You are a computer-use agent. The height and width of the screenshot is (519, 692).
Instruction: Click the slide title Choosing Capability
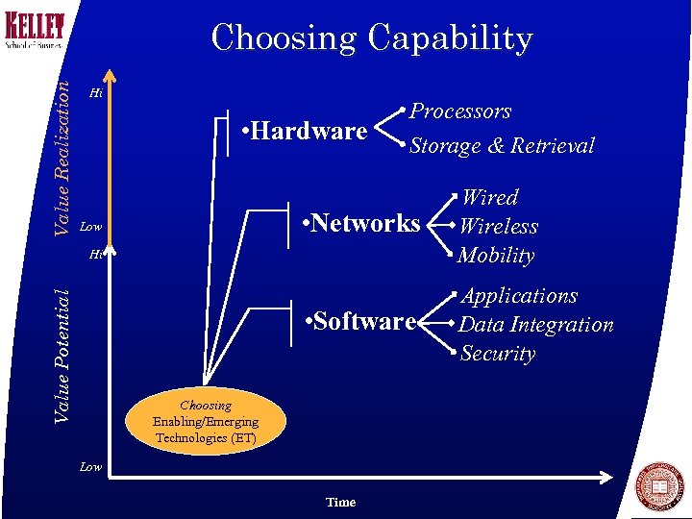[x=372, y=38]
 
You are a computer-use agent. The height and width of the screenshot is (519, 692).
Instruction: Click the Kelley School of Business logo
[x=35, y=28]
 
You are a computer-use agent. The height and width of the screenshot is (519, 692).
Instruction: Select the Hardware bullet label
[x=305, y=131]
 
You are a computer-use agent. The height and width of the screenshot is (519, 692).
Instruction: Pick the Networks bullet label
[x=360, y=224]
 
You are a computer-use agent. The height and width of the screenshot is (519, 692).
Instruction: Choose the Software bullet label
[x=359, y=321]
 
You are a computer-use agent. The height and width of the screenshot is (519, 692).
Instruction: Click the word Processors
[x=460, y=111]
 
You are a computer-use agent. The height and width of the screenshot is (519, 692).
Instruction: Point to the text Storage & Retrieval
[x=502, y=146]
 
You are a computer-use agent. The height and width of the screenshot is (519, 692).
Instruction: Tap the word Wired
[x=490, y=198]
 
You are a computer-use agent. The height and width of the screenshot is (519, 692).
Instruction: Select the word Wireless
[x=498, y=227]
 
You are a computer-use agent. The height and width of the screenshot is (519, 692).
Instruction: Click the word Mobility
[x=496, y=256]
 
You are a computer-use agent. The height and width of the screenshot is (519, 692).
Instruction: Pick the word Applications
[x=519, y=296]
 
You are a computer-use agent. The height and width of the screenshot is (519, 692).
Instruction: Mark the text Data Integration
[x=535, y=325]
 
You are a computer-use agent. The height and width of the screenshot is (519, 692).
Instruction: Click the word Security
[x=498, y=354]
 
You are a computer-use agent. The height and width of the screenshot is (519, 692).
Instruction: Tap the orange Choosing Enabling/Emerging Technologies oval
[x=206, y=421]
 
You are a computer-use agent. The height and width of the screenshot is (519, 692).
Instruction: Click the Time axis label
[x=340, y=502]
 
